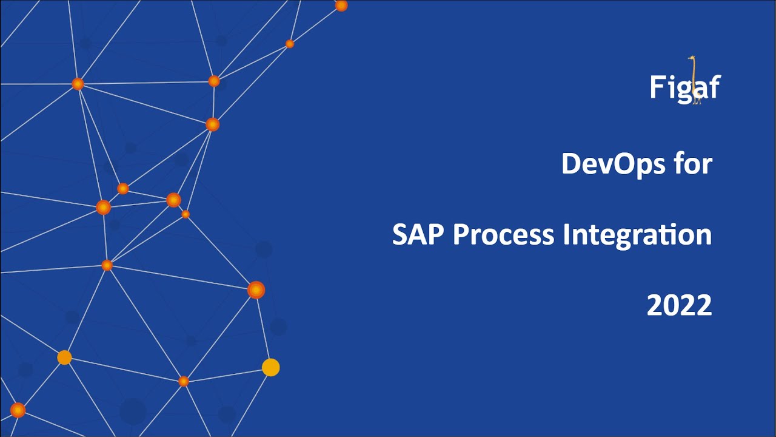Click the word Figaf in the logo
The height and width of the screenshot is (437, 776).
click(684, 87)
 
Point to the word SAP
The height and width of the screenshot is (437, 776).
click(418, 234)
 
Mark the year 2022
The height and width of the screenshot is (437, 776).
click(679, 305)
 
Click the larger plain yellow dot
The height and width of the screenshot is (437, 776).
click(270, 367)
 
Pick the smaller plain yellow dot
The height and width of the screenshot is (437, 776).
click(64, 357)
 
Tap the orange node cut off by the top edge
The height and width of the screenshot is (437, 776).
click(341, 5)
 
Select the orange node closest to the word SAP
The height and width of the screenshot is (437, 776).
click(256, 290)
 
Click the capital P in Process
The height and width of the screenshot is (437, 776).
click(460, 234)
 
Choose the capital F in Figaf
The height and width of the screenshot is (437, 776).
click(657, 87)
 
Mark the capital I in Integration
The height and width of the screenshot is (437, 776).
click(566, 234)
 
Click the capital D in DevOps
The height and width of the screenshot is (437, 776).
click(572, 164)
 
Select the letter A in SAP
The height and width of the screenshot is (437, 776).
click(418, 234)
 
